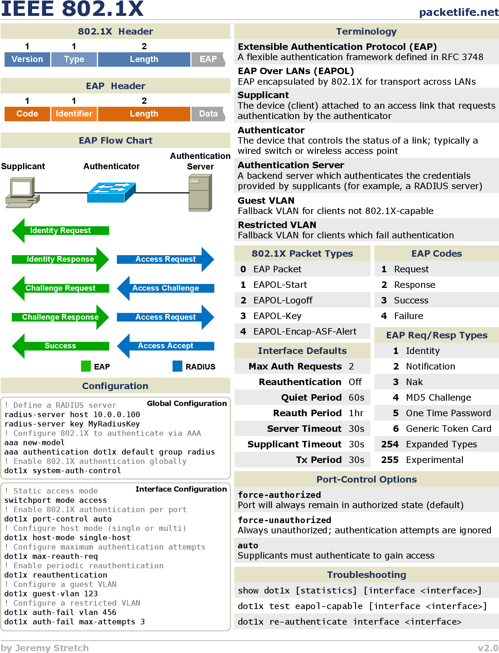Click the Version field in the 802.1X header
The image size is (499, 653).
[27, 59]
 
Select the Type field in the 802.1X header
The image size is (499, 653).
[74, 59]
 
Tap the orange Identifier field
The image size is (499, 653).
[74, 114]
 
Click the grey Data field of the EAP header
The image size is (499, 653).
[208, 114]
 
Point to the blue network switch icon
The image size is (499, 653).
[112, 192]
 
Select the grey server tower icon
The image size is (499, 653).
[200, 193]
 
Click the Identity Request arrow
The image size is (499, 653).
[60, 231]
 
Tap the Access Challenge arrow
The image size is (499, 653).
[165, 288]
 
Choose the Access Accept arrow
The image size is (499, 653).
[165, 346]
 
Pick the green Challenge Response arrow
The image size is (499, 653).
[60, 317]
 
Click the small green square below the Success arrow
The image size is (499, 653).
[86, 366]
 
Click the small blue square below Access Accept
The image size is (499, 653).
[178, 366]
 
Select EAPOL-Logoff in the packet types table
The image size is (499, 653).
[283, 300]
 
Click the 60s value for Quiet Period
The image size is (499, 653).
[356, 398]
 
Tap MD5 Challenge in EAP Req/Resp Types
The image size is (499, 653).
[439, 398]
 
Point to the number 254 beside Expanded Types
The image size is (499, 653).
[390, 444]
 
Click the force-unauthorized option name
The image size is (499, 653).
[284, 520]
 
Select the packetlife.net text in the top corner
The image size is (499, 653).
[459, 12]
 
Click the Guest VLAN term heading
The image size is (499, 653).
[266, 200]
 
